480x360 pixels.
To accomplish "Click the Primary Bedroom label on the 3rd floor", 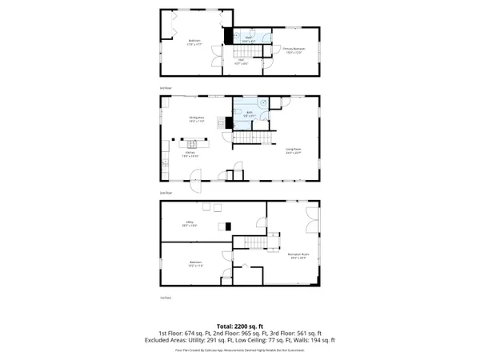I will [294, 50].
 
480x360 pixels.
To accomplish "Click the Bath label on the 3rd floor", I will [249, 37].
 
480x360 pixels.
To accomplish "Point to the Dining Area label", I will [197, 120].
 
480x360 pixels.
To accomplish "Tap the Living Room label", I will [293, 150].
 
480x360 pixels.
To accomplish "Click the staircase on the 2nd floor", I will [249, 140].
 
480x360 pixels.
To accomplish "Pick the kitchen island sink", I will [193, 145].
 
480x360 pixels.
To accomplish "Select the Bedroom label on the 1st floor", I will [195, 263].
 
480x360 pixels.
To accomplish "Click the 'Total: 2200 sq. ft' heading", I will [240, 326].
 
